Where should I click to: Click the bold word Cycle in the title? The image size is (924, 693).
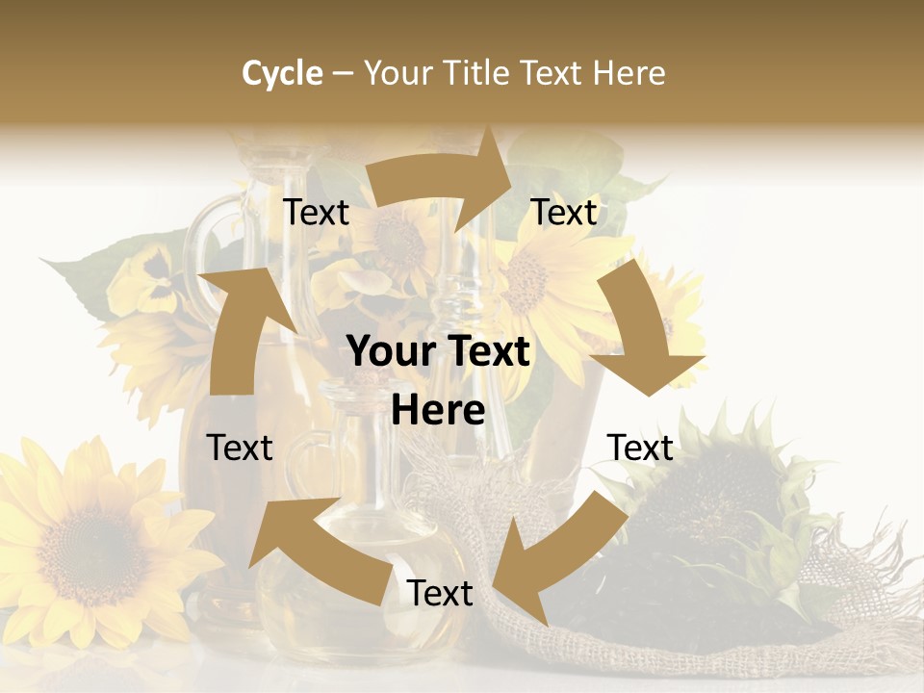click(x=282, y=73)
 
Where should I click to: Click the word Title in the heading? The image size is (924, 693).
click(x=479, y=73)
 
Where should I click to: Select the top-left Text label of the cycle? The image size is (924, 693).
click(x=316, y=212)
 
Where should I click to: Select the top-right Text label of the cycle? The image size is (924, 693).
click(x=564, y=212)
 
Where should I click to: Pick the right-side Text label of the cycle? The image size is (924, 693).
click(x=640, y=448)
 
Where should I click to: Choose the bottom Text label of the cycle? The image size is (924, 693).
click(x=440, y=593)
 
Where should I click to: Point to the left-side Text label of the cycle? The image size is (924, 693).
click(x=240, y=448)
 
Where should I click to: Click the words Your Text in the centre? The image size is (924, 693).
click(x=438, y=351)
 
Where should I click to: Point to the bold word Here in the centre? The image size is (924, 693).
click(x=438, y=411)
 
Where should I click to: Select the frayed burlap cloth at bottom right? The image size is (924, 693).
click(x=847, y=616)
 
